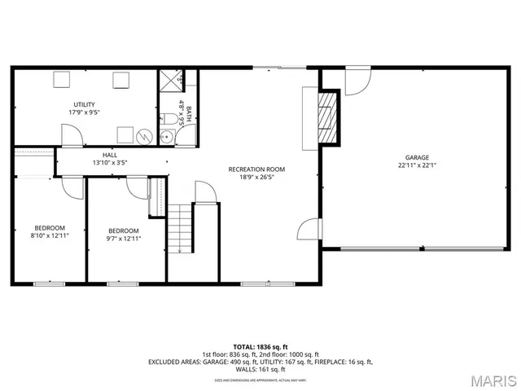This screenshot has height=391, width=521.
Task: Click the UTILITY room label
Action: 84,104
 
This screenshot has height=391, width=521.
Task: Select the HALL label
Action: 110,154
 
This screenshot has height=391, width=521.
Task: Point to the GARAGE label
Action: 418,157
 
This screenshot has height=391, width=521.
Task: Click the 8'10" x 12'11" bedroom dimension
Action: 50,235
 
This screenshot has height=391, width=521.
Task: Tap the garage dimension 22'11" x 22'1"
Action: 418,165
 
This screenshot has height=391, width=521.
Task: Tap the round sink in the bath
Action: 166,137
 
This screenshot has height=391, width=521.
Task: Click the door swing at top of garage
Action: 357,81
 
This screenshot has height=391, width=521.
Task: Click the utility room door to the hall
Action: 72,137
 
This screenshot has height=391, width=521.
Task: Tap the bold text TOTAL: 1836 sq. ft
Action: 260,347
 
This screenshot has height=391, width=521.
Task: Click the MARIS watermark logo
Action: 493,380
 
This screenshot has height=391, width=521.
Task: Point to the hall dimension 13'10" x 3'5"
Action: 110,162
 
